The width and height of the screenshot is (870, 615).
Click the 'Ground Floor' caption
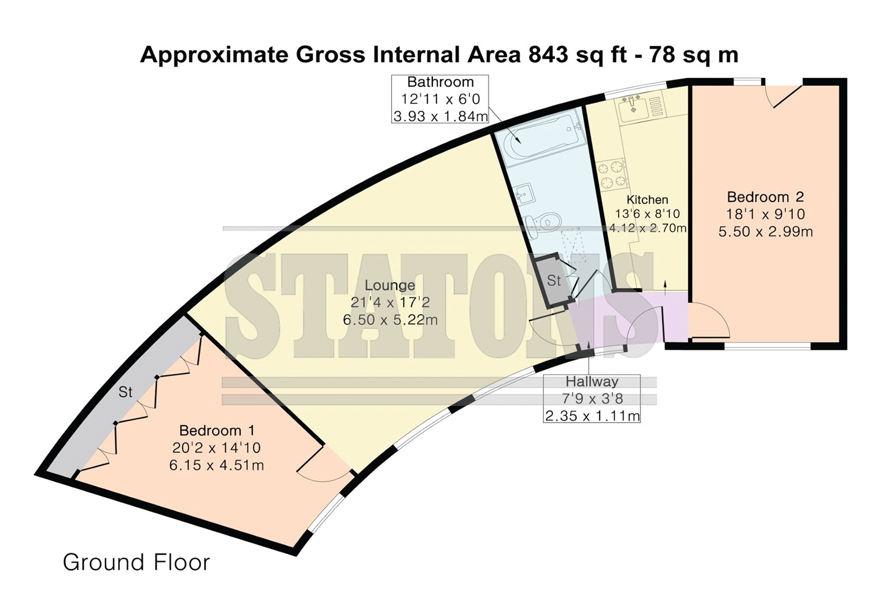click(x=136, y=563)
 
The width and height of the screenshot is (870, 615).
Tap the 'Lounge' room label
click(x=389, y=285)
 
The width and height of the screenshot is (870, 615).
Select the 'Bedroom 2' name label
click(x=765, y=197)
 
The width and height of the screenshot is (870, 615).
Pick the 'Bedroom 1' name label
click(x=217, y=431)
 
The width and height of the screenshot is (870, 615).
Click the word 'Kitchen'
click(x=648, y=200)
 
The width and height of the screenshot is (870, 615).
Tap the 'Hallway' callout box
click(x=592, y=399)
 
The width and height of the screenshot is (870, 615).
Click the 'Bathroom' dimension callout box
click(x=440, y=99)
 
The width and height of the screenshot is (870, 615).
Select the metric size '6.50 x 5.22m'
click(x=390, y=320)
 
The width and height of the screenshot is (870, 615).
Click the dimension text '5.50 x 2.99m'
click(x=765, y=232)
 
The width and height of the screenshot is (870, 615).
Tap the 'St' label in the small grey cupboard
click(x=554, y=280)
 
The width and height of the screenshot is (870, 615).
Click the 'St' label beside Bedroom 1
click(x=126, y=392)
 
